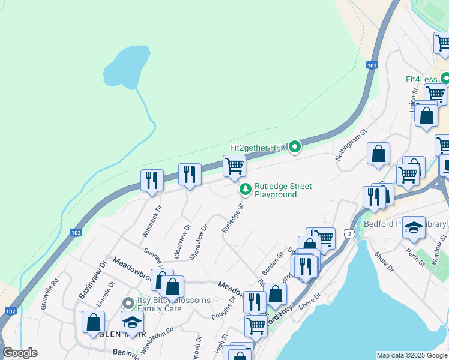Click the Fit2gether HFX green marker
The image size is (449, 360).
tap(294, 147)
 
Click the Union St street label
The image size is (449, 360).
tap(414, 99)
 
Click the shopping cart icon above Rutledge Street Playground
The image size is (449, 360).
tap(234, 166)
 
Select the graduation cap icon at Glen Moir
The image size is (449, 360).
tap(132, 322)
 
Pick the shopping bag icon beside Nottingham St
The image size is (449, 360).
tap(379, 153)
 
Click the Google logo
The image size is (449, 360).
tap(20, 353)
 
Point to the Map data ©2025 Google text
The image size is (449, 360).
tap(411, 355)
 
